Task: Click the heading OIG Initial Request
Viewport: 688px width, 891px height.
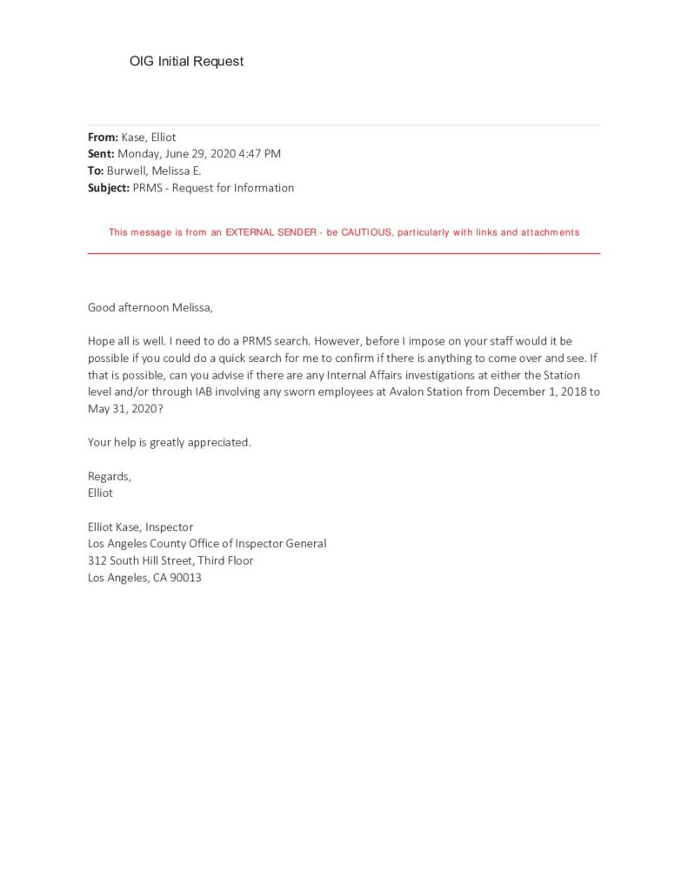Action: tap(186, 62)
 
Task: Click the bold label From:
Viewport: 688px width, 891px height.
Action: tap(103, 137)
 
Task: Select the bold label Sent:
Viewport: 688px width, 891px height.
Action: tap(101, 154)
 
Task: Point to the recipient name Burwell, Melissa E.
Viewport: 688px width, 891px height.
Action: tap(154, 171)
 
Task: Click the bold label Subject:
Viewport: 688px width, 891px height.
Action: tap(109, 188)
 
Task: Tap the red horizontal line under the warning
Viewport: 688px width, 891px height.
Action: tap(344, 253)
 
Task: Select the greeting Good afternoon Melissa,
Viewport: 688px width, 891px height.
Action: tap(150, 307)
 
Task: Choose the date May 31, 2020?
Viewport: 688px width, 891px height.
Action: tap(125, 408)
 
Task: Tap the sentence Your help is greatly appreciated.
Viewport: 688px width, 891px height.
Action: tap(170, 442)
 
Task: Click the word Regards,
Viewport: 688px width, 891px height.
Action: tap(110, 476)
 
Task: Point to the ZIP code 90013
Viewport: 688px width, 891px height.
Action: tap(185, 578)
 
